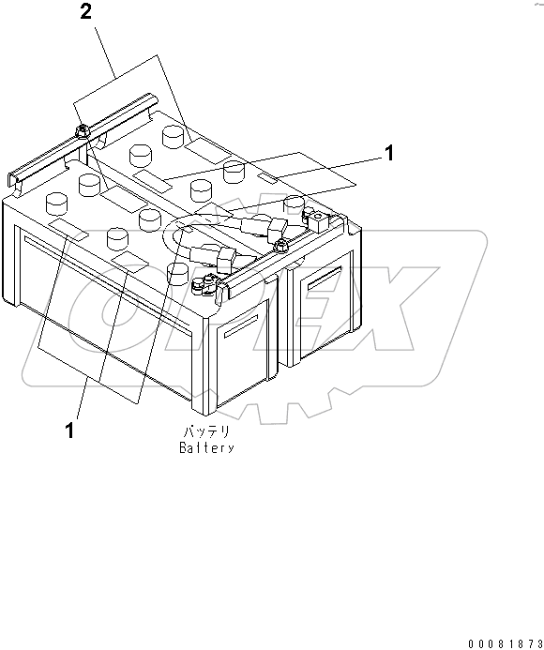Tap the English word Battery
[x=206, y=447]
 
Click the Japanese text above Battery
[x=206, y=432]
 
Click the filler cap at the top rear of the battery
[x=173, y=137]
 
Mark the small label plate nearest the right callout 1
[x=268, y=176]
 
